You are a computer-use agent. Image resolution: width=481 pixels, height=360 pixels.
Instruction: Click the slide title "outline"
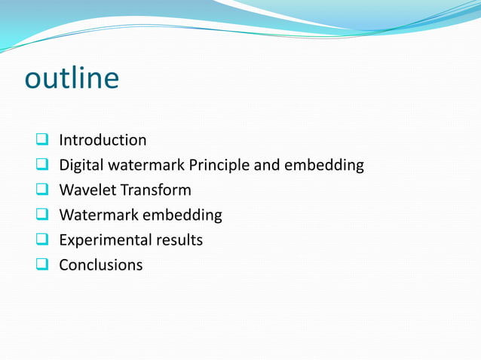[72, 78]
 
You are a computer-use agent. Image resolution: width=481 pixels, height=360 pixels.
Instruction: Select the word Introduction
[103, 140]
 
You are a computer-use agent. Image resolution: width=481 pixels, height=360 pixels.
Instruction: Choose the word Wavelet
[87, 191]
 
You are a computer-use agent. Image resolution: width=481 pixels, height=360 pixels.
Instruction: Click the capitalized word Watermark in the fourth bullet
[98, 215]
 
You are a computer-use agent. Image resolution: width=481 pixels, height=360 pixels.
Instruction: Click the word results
[179, 241]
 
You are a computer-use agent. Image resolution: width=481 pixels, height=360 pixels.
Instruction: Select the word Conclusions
[100, 266]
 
